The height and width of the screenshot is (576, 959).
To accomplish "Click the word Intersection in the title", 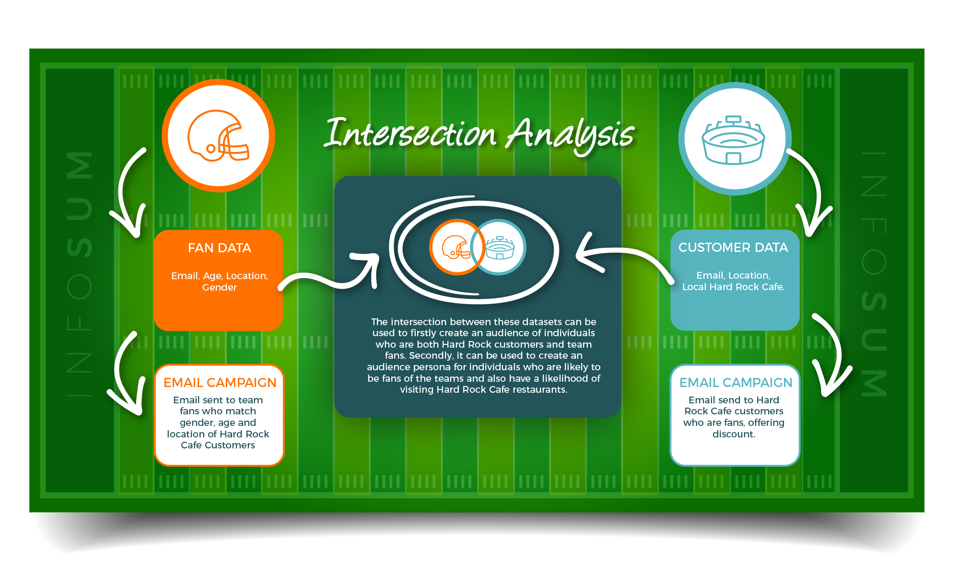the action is (410, 133).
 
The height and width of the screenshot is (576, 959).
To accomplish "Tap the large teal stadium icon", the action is (734, 140).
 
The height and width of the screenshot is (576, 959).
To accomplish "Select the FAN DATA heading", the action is (220, 248).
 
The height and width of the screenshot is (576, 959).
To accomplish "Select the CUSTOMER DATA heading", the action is (733, 247).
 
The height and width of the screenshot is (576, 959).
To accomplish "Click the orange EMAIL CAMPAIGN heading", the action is (220, 383).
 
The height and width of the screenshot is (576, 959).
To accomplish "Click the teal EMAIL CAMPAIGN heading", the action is (736, 383).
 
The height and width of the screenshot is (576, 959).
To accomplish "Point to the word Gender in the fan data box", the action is (220, 287).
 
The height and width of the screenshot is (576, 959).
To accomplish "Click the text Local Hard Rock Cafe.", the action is (733, 287).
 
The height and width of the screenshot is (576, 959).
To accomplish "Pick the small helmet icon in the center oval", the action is (456, 247).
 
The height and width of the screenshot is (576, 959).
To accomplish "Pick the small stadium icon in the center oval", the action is (500, 247).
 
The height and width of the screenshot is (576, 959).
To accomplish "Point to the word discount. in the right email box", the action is (734, 434).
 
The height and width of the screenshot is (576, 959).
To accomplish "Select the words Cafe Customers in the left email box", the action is (218, 445).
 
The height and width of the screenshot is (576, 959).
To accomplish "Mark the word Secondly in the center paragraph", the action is (431, 355).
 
